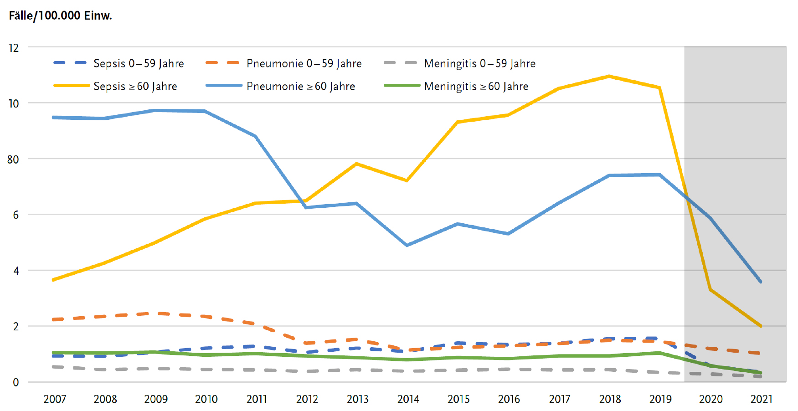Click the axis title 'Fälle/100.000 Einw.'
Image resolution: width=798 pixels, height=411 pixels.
pyautogui.click(x=60, y=15)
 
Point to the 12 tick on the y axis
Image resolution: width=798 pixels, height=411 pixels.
pyautogui.click(x=14, y=48)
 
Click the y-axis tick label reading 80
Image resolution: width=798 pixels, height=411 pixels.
pyautogui.click(x=13, y=159)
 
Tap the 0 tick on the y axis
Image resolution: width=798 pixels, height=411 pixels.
pyautogui.click(x=16, y=382)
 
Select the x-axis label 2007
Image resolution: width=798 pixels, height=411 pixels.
pyautogui.click(x=55, y=400)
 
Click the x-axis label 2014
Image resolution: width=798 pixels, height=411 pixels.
pyautogui.click(x=408, y=400)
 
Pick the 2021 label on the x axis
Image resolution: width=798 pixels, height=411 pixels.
pyautogui.click(x=761, y=400)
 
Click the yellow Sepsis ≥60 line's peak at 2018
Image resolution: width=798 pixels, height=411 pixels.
pyautogui.click(x=609, y=76)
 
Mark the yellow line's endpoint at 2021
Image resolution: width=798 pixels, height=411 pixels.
pyautogui.click(x=761, y=326)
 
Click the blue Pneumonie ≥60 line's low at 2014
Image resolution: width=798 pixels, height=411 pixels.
pyautogui.click(x=407, y=245)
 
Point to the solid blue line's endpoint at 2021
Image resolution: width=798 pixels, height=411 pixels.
pyautogui.click(x=761, y=282)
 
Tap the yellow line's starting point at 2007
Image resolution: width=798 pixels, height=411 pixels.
pyautogui.click(x=54, y=280)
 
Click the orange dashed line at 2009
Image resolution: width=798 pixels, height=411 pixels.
pyautogui.click(x=156, y=313)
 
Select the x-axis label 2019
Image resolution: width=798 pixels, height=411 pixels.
pyautogui.click(x=660, y=400)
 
